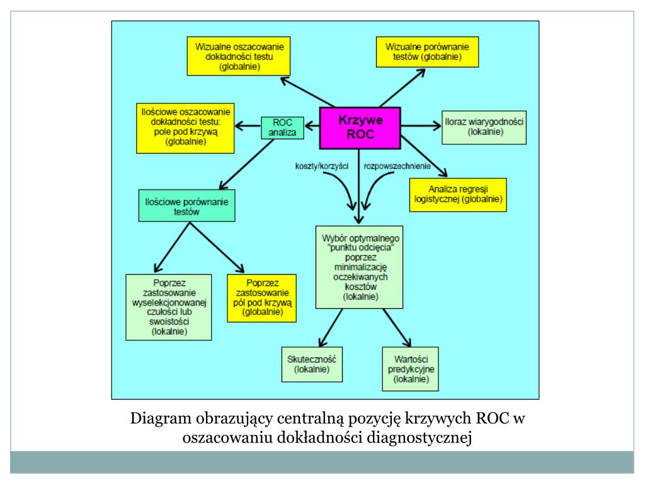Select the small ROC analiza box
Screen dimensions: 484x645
point(283,127)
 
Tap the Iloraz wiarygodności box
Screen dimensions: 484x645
point(484,127)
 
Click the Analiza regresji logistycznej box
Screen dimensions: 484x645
point(458,194)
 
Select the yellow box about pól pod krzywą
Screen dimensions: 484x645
point(263,297)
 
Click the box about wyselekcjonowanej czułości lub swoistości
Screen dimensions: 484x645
point(169,308)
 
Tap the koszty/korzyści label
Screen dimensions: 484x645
point(321,166)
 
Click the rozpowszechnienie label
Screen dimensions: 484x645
point(397,166)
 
